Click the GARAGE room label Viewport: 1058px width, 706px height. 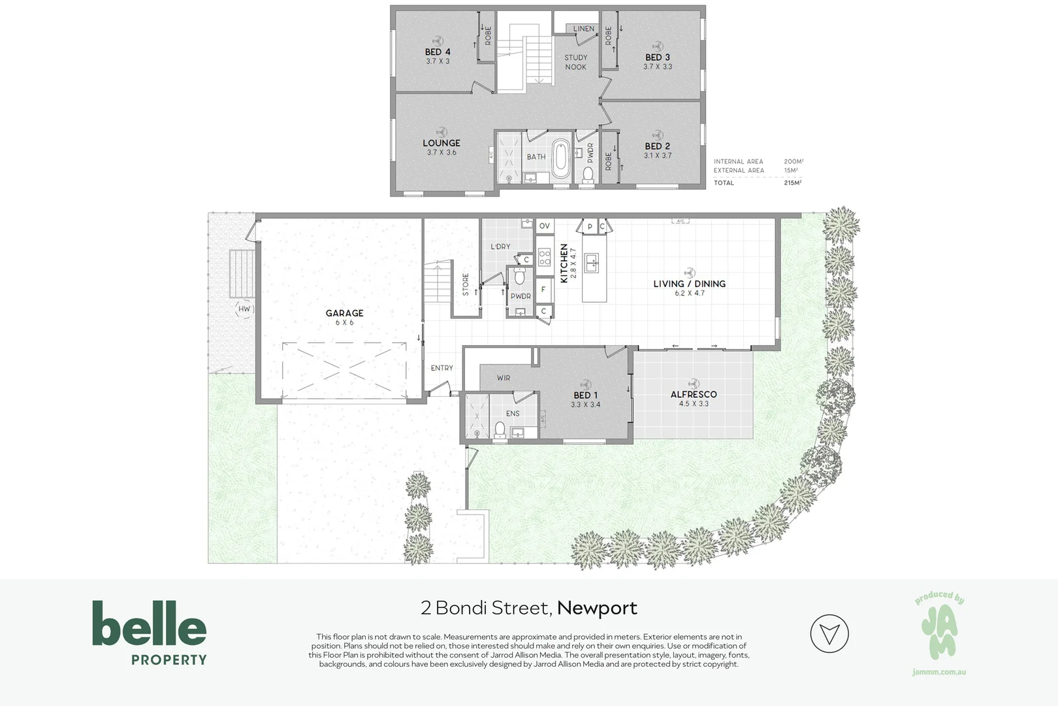[x=344, y=313]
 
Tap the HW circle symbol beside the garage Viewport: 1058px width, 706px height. [x=244, y=309]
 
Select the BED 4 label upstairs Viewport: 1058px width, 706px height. [x=438, y=52]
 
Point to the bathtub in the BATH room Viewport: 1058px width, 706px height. [x=561, y=158]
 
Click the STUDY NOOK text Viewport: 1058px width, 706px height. [x=575, y=62]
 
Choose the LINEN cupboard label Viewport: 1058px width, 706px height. [x=583, y=29]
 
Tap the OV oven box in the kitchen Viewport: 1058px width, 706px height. [x=544, y=226]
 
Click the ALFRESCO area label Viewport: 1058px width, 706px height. [x=693, y=394]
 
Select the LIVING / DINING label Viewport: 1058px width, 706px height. [x=689, y=284]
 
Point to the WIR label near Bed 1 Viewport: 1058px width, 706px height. [x=503, y=378]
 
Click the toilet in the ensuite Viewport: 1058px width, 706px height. [x=500, y=429]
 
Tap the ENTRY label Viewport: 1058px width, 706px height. [x=441, y=368]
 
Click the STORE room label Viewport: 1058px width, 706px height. [x=466, y=284]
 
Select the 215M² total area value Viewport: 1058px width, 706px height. [x=793, y=183]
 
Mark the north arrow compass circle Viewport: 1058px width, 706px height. [x=829, y=633]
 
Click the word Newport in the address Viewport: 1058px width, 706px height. [x=597, y=608]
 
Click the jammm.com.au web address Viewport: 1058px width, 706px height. [x=938, y=672]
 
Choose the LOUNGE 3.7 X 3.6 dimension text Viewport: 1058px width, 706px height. [x=441, y=152]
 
